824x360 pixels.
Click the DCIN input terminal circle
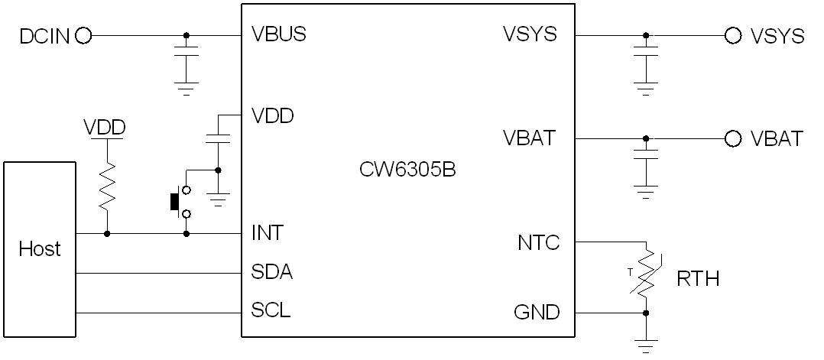[x=83, y=35]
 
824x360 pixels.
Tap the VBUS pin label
[x=278, y=35]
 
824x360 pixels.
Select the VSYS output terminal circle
[x=733, y=35]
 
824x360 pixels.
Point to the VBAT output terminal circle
[x=733, y=138]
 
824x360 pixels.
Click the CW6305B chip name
[x=407, y=169]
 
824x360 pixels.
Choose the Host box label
[x=40, y=248]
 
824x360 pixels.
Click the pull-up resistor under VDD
[x=107, y=186]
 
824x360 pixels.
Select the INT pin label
[x=267, y=232]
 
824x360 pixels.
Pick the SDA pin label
[x=271, y=272]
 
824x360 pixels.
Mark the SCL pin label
[x=271, y=311]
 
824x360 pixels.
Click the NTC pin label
[x=538, y=243]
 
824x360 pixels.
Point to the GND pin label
[x=537, y=312]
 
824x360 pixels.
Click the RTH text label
[x=698, y=279]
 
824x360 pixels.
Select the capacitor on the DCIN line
[x=186, y=52]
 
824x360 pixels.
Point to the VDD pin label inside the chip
[x=273, y=116]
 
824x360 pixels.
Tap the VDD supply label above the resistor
[x=105, y=128]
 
